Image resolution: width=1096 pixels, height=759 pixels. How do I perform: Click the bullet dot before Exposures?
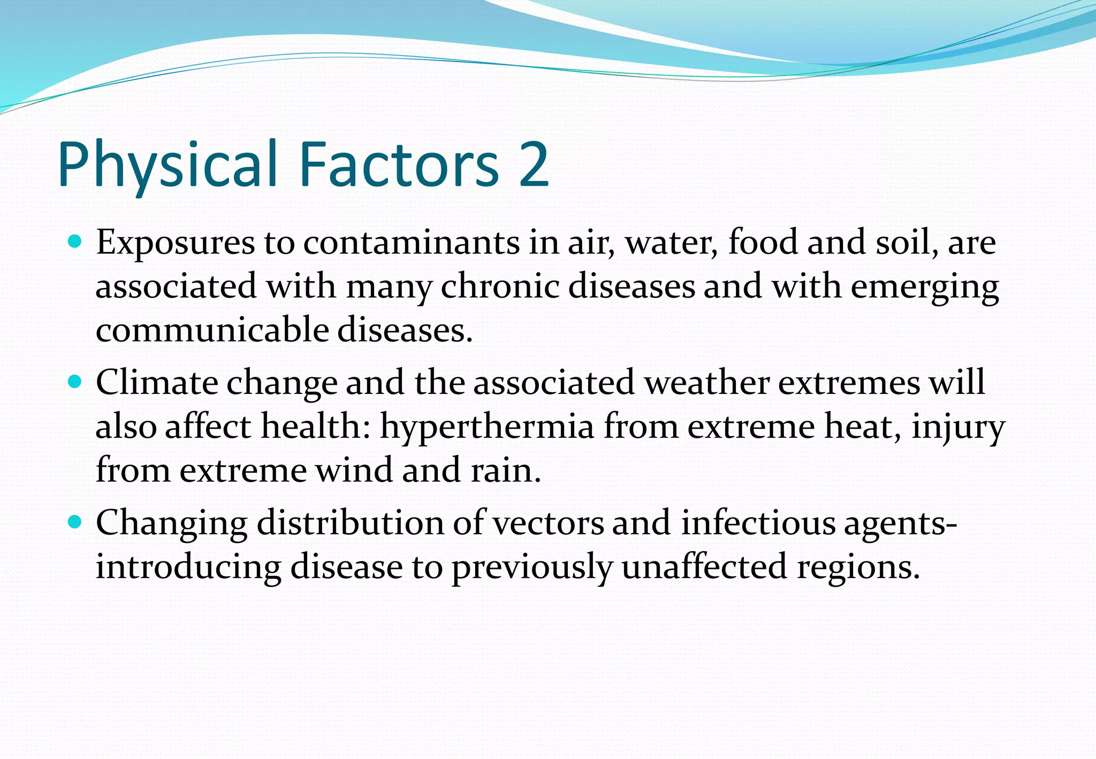click(x=75, y=241)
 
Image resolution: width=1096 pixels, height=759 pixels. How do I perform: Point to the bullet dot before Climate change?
click(x=75, y=382)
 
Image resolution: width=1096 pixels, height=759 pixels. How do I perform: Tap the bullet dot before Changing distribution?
click(x=75, y=521)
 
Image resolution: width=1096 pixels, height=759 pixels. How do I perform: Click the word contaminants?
click(x=411, y=242)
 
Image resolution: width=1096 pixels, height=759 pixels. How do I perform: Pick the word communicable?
click(x=212, y=330)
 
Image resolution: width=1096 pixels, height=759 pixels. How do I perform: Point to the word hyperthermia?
click(x=487, y=427)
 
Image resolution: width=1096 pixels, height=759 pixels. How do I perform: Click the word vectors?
click(x=548, y=523)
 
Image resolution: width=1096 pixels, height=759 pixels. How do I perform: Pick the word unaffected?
click(x=704, y=567)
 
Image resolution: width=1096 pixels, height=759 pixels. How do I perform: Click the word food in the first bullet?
click(x=763, y=242)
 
